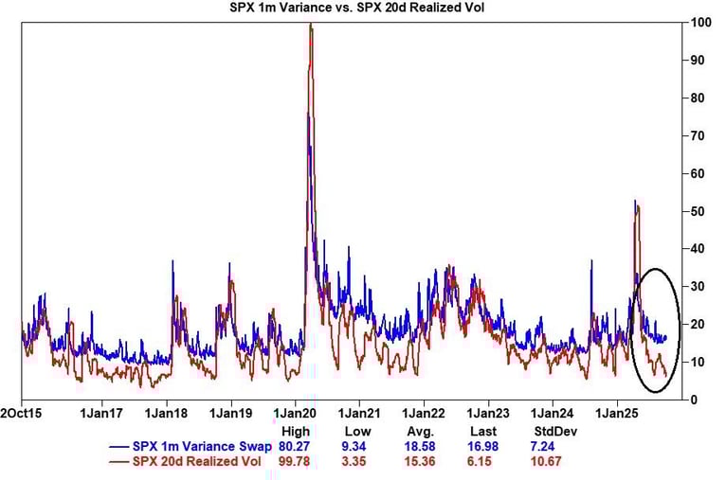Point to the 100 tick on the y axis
click(700, 22)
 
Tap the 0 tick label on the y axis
click(694, 400)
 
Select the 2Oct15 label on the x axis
click(20, 414)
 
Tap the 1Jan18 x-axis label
click(166, 414)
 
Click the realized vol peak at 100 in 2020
click(311, 24)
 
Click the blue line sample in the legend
click(119, 446)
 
